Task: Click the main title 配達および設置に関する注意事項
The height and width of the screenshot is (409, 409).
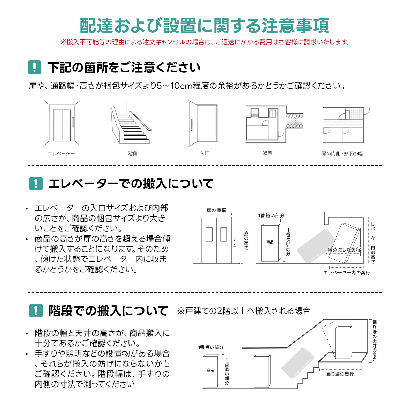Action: [204, 26]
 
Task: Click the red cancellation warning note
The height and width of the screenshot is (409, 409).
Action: [204, 42]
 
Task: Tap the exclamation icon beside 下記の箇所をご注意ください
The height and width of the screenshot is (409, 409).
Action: [34, 67]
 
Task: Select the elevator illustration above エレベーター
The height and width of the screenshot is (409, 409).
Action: [62, 123]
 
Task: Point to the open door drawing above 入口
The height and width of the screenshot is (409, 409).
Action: [203, 123]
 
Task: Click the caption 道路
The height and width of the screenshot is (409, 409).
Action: [268, 153]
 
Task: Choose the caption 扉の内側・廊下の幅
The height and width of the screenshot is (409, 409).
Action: [342, 153]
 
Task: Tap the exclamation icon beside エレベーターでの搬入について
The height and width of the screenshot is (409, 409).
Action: [36, 183]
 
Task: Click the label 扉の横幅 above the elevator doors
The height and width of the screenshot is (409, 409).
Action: [216, 210]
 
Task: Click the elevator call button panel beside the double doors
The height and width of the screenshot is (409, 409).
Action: [234, 242]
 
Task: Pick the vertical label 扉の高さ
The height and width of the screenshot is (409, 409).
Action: [246, 241]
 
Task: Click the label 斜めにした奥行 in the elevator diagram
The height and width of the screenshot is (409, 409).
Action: [344, 249]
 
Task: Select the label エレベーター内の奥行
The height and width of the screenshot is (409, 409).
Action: [347, 273]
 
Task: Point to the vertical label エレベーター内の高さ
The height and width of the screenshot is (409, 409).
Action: [373, 241]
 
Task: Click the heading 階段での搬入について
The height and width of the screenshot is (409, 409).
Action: [108, 311]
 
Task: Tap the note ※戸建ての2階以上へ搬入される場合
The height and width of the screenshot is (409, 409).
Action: [244, 311]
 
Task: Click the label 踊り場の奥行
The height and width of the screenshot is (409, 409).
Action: [340, 374]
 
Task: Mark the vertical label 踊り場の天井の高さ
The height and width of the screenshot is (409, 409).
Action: [374, 341]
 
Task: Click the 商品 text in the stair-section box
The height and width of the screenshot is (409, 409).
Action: [210, 370]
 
